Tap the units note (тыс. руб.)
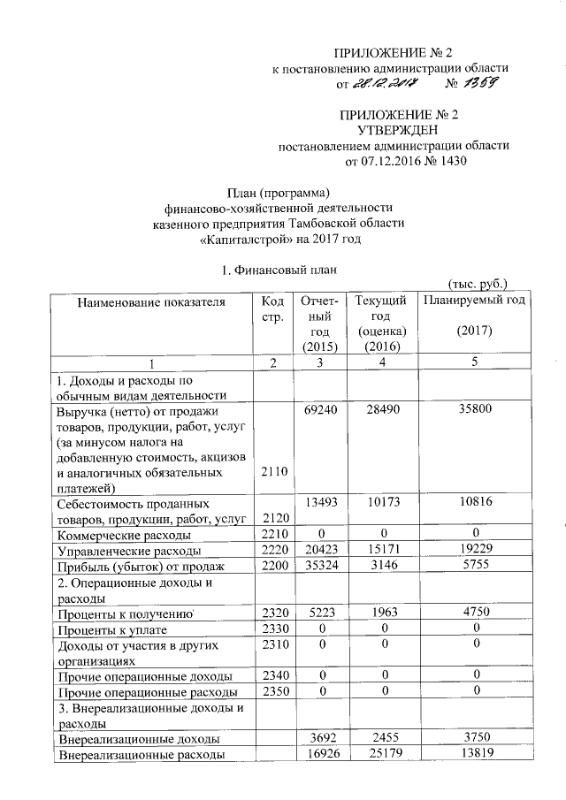pos(478,285)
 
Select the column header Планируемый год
pos(474,301)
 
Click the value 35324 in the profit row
pos(317,566)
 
